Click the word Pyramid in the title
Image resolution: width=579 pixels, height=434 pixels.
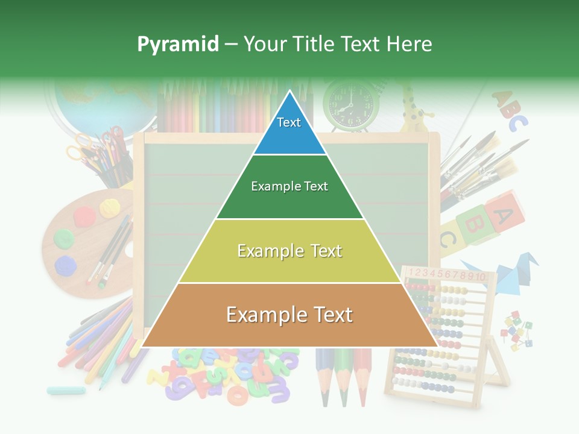(177, 44)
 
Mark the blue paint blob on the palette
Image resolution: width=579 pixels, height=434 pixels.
(65, 265)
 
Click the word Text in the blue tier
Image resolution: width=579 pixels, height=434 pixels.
(288, 122)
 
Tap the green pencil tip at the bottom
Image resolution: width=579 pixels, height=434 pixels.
(343, 395)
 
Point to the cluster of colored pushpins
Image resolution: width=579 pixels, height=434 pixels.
(517, 330)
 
